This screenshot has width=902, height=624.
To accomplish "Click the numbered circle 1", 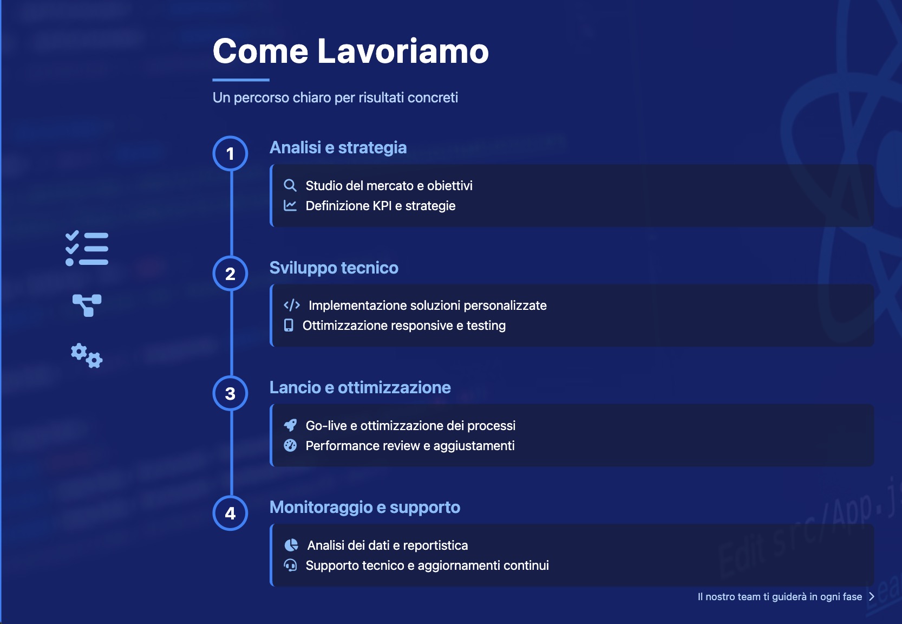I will tap(230, 153).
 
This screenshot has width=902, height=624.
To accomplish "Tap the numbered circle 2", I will tap(230, 274).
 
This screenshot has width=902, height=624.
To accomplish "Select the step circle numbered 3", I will tap(230, 393).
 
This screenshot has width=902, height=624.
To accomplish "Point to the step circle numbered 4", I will tap(230, 513).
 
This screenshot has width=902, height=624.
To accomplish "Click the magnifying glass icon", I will tap(290, 186).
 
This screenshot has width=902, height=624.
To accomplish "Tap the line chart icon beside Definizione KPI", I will tap(290, 206).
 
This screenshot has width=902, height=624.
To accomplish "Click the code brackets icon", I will tap(292, 305).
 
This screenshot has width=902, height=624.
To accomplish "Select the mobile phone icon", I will tap(289, 326).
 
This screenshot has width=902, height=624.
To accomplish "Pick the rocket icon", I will tap(290, 426).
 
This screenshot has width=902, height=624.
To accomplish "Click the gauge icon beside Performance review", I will tap(290, 446).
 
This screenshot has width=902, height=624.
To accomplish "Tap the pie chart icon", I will tap(291, 545).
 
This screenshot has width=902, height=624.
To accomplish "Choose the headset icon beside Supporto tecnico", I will tap(290, 565).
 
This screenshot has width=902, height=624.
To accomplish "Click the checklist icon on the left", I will tap(87, 249).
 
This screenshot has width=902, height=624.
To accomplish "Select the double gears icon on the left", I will tap(87, 355).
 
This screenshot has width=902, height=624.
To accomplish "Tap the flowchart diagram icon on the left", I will tap(87, 305).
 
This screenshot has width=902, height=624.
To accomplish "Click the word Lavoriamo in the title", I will tap(403, 51).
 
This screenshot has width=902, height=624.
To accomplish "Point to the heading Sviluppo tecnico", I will tap(334, 268).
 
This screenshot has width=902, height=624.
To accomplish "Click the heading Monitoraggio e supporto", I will tap(364, 508).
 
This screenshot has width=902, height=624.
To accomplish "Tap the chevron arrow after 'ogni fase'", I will tap(872, 597).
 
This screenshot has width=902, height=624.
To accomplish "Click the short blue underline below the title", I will tap(241, 80).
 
